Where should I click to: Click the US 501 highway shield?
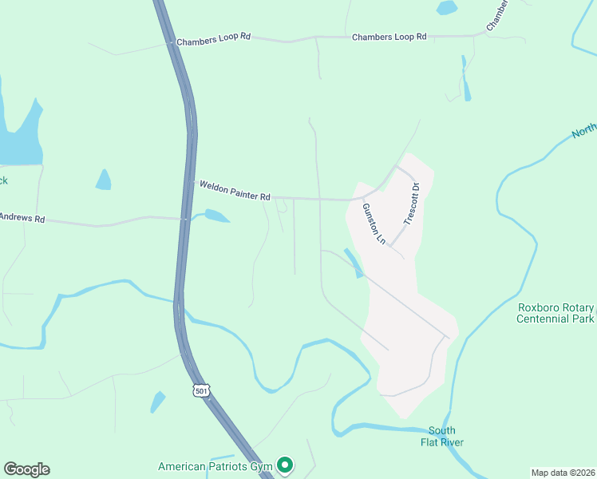(199, 389)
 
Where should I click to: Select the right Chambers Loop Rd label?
(389, 37)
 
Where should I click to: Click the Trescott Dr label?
(412, 204)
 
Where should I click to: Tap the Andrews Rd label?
(22, 217)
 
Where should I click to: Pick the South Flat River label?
(445, 436)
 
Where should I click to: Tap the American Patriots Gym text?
(215, 466)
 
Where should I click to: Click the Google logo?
(26, 469)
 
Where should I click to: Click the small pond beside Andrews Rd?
(216, 216)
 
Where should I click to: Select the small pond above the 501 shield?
(158, 402)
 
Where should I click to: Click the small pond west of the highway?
(104, 180)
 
